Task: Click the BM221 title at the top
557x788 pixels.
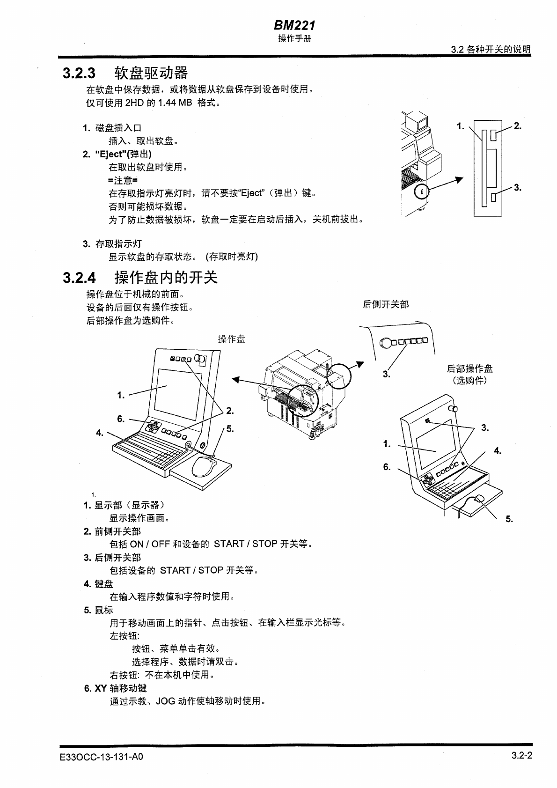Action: [294, 25]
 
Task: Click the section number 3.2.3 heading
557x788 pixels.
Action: [79, 74]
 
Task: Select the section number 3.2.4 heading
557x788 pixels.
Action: [79, 278]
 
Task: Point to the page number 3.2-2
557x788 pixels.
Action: [522, 755]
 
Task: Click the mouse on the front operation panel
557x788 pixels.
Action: [204, 466]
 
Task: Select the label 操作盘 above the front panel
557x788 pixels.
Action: [231, 339]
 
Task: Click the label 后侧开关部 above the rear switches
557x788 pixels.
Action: [386, 305]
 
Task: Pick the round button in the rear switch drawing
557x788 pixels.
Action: [386, 343]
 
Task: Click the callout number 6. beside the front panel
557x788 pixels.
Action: [121, 419]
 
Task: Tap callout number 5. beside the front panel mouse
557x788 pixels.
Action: [230, 428]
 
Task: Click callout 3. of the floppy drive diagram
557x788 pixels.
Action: [517, 188]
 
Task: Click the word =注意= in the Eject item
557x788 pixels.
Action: [123, 180]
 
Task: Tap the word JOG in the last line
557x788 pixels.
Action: [166, 701]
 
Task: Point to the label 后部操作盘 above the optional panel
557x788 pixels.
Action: [469, 369]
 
